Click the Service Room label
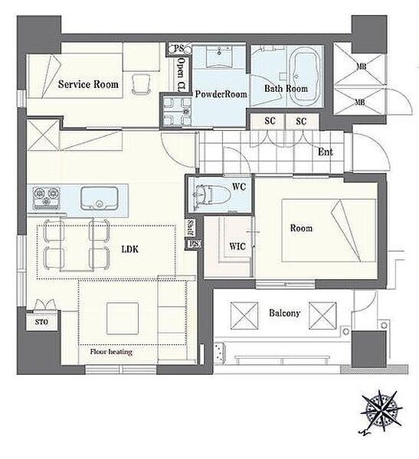[88, 84]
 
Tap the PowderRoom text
[221, 94]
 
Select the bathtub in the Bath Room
[306, 77]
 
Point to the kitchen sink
[100, 198]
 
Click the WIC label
[237, 246]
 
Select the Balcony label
[285, 313]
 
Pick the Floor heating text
[111, 352]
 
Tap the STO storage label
[41, 322]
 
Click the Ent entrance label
[326, 152]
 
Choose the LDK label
[130, 249]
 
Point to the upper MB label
[362, 67]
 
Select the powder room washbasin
[219, 56]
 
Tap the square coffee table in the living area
[123, 318]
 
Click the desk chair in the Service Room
[141, 84]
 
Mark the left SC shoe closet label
[270, 121]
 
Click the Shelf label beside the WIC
[190, 227]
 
